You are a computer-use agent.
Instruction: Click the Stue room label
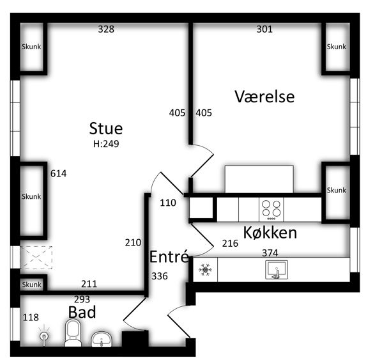(x=106, y=129)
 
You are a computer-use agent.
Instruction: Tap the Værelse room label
(x=264, y=97)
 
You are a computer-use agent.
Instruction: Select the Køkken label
(x=270, y=233)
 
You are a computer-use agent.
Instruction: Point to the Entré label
(x=169, y=256)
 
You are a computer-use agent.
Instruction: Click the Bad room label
(x=82, y=312)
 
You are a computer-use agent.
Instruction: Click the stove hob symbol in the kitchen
(x=271, y=210)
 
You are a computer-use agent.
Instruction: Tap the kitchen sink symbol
(x=277, y=270)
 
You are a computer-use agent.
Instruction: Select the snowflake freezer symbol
(x=205, y=270)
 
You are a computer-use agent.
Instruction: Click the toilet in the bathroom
(x=73, y=333)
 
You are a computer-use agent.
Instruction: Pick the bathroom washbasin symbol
(x=102, y=339)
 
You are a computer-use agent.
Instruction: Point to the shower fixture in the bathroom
(x=44, y=335)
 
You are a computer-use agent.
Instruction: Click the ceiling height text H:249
(x=106, y=144)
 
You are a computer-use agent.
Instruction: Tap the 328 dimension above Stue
(x=106, y=29)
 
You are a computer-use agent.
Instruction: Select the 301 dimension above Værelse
(x=264, y=29)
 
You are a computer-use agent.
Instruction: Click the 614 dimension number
(x=59, y=174)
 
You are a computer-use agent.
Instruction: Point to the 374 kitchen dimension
(x=270, y=253)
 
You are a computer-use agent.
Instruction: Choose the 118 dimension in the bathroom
(x=31, y=317)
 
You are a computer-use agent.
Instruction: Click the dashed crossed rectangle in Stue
(x=36, y=258)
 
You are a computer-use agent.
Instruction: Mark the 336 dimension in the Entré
(x=160, y=276)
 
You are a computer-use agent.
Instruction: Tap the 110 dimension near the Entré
(x=168, y=203)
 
